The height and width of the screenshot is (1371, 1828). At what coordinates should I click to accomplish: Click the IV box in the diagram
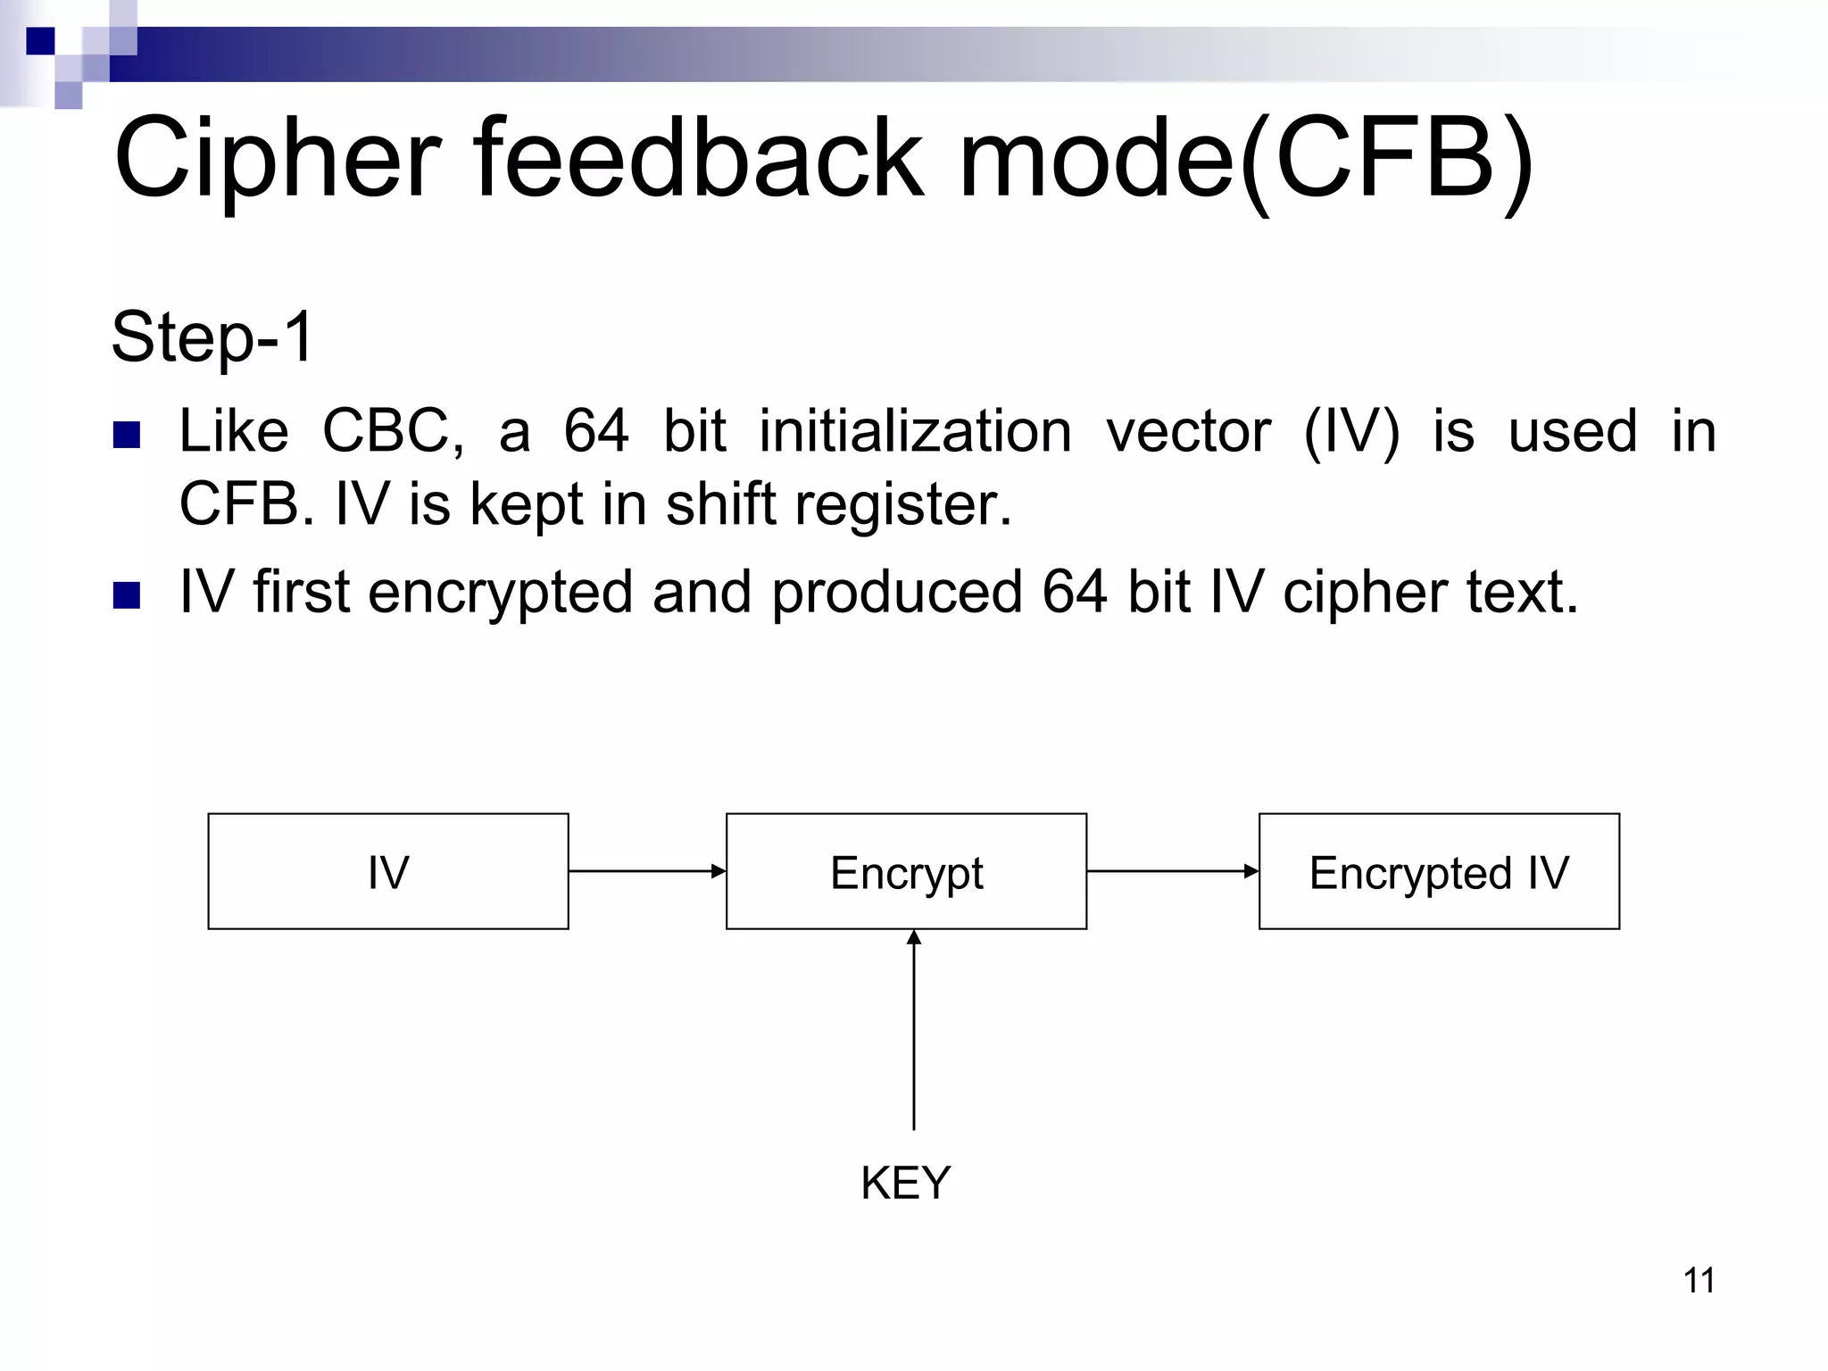pos(388,871)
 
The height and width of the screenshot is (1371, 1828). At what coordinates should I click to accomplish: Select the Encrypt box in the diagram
pos(906,871)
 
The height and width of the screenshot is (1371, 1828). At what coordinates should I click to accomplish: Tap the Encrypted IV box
pos(1439,871)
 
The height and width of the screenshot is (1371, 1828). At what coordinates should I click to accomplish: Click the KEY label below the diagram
pos(905,1183)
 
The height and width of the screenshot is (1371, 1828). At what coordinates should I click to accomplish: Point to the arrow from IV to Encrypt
pos(647,871)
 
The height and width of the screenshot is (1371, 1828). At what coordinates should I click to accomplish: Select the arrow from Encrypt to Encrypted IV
pos(1172,871)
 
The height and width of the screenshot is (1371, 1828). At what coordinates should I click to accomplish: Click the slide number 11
pos(1699,1280)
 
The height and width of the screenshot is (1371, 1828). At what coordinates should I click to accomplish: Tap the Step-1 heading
pos(212,337)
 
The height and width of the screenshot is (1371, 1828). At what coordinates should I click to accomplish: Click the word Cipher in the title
pos(277,159)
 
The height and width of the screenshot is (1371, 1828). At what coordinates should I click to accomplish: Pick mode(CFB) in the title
pos(1245,159)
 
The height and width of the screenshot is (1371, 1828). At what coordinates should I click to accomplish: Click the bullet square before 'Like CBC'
pos(128,435)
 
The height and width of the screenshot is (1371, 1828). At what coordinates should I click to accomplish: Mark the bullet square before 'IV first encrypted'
pos(128,595)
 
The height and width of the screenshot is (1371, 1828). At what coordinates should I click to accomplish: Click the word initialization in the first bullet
pos(915,431)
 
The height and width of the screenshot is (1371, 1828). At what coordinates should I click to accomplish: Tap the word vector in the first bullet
pos(1188,431)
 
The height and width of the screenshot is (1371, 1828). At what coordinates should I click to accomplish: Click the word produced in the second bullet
pos(896,593)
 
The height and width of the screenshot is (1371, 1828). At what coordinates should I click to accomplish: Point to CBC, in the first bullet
pos(393,431)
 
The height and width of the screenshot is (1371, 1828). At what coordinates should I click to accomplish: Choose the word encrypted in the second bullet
pos(500,593)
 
